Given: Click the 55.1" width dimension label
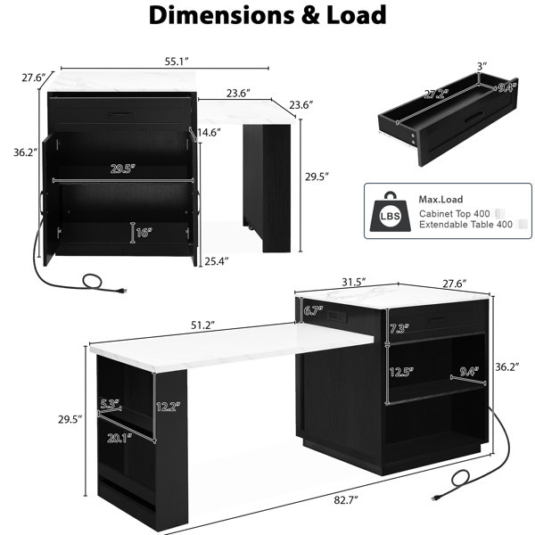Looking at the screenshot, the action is coord(177,62).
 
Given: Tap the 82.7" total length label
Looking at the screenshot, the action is coord(346,500).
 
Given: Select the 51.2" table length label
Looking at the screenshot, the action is coord(202,325).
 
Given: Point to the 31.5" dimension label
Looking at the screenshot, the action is coord(354,282).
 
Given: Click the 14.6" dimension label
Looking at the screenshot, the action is coord(209,132).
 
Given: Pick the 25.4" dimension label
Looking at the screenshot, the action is coord(217,261).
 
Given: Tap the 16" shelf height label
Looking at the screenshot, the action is coord(144,233).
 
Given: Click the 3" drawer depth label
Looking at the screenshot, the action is coord(481,66).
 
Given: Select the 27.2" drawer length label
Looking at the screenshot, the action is coord(434,95).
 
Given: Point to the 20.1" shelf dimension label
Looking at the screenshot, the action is coord(119,438).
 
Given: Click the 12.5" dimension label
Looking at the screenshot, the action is coord(401,372).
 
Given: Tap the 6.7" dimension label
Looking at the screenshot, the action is coord(313,311).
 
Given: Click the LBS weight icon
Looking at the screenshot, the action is coord(391,212).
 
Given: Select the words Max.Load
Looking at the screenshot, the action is coord(440,199).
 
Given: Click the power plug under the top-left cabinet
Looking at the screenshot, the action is coord(122,291).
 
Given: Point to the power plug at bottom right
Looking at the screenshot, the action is coord(436,498).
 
